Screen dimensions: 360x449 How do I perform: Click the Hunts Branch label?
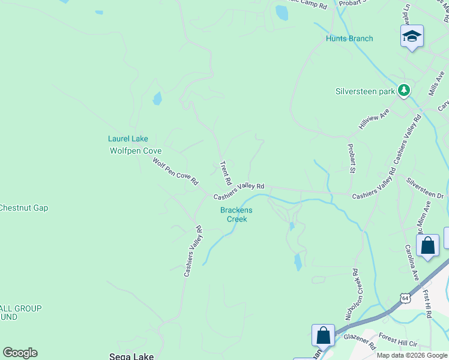349,38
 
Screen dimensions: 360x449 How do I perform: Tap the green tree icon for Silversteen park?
404,91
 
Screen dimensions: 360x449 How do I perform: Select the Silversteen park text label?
364,92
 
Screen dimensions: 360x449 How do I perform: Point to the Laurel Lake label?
128,139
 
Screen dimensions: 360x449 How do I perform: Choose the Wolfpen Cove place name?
136,151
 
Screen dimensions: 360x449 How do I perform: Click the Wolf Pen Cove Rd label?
175,171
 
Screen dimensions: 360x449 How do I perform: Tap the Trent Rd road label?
226,173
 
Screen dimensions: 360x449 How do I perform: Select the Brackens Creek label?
237,214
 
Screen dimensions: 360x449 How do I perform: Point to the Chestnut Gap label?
23,208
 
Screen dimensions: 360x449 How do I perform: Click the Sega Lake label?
131,356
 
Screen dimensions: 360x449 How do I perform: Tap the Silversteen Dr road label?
424,188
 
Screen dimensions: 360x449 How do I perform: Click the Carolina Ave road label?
411,262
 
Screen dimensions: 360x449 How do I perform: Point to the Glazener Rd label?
360,341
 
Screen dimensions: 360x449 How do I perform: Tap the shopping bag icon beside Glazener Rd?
323,335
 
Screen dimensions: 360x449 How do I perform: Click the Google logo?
20,353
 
